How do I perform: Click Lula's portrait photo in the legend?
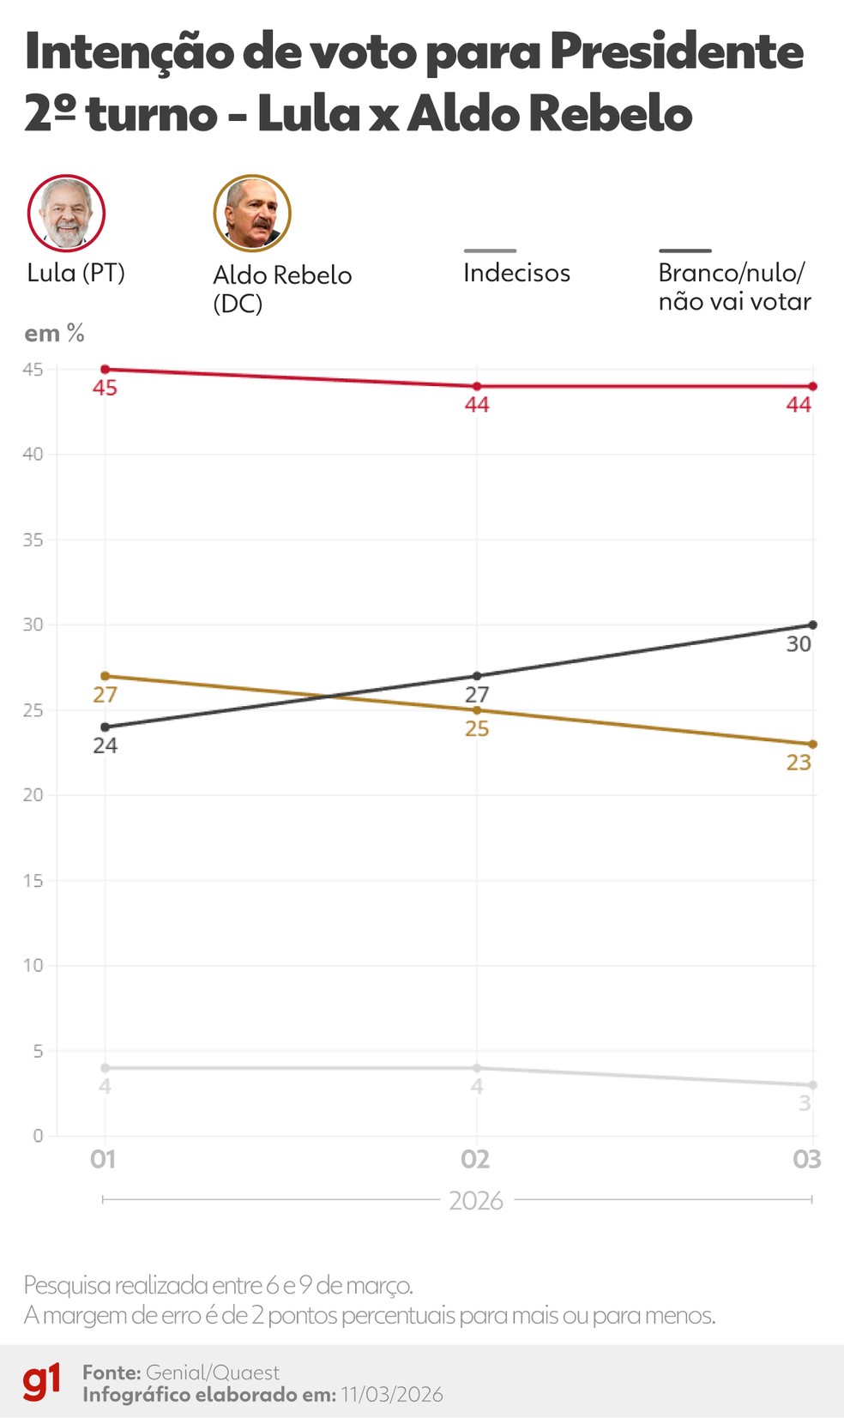tap(66, 213)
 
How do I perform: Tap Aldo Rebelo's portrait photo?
tap(252, 213)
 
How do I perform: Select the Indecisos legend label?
tap(516, 273)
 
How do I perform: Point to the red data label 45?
tap(105, 389)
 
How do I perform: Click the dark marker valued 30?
tap(812, 625)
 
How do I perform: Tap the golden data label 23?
tap(799, 763)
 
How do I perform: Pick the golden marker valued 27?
tap(105, 676)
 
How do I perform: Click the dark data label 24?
tap(105, 745)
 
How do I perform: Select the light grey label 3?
tap(805, 1103)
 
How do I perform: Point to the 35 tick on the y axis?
tap(33, 540)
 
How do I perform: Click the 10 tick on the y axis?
tap(33, 966)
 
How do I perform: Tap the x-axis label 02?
tap(475, 1160)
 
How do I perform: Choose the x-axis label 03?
tap(806, 1160)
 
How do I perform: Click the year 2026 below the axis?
tap(476, 1201)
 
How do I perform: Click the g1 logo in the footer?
tap(42, 1381)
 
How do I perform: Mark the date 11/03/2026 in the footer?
tap(392, 1395)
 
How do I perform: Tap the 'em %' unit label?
tap(54, 334)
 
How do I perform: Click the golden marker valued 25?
tap(477, 710)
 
